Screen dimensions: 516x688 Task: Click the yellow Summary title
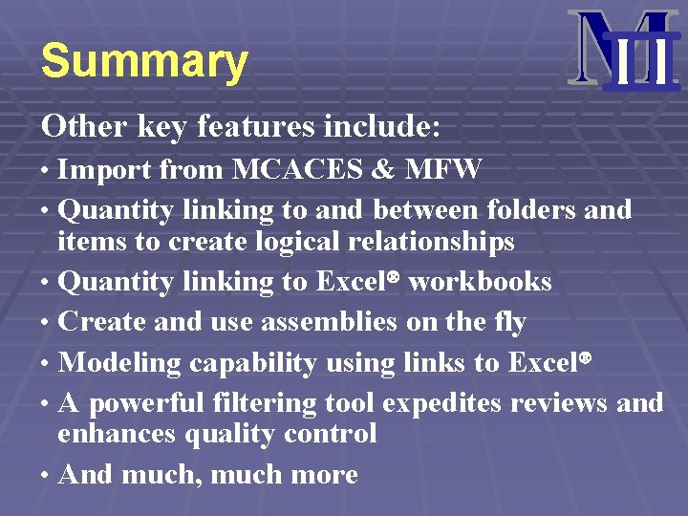coord(144,61)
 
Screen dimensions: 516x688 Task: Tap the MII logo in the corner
coord(622,50)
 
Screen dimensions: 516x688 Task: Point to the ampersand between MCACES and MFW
coord(383,170)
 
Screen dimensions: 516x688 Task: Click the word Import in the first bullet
coord(104,170)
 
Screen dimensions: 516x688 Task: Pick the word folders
coord(530,208)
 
